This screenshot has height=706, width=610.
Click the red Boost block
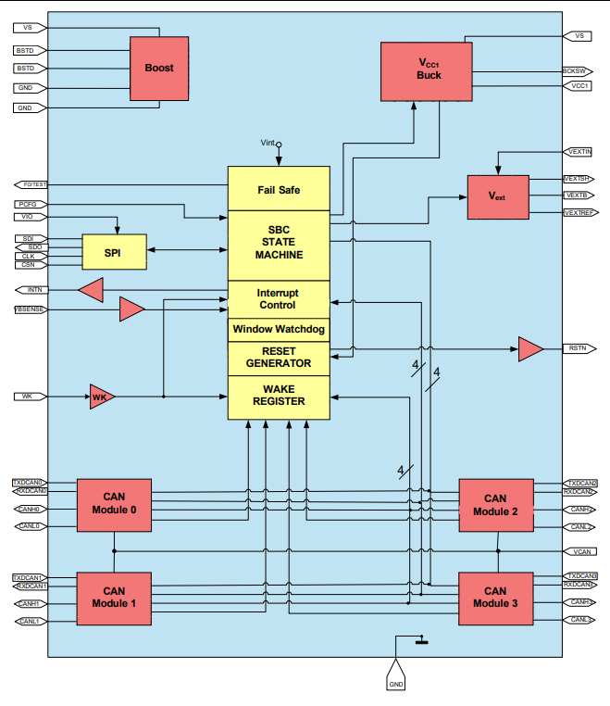(x=159, y=69)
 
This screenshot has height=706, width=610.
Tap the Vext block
(x=497, y=196)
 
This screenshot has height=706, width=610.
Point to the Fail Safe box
(x=279, y=189)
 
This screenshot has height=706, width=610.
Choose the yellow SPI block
(x=114, y=252)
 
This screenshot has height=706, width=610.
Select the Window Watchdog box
(x=279, y=330)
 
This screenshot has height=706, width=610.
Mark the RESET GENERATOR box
(x=279, y=358)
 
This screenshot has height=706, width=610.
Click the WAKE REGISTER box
(x=279, y=396)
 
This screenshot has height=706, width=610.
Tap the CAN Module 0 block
(x=114, y=505)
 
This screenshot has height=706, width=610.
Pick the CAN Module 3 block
(x=495, y=598)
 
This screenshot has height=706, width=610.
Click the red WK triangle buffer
(x=100, y=397)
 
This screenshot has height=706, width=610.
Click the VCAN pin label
(x=580, y=551)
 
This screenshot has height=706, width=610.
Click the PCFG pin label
(x=28, y=204)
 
